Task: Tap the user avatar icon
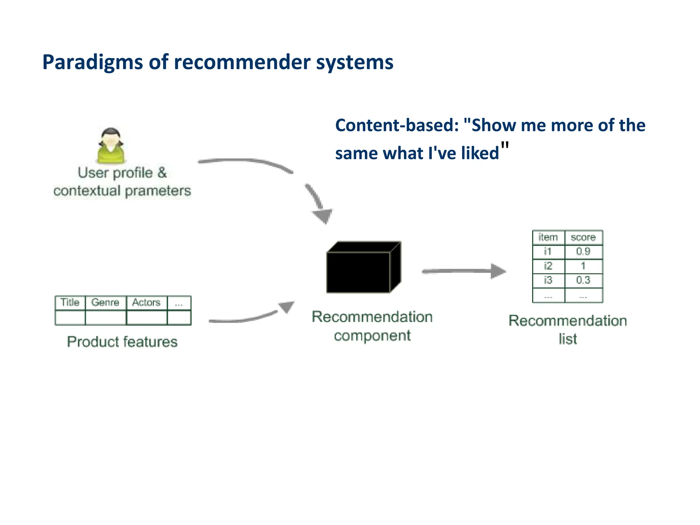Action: point(111,146)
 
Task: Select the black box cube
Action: point(363,268)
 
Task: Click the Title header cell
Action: point(70,302)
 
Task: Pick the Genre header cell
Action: point(105,302)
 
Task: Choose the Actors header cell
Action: point(146,302)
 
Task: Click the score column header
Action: point(583,238)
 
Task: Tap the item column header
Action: point(548,238)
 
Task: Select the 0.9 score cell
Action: point(583,252)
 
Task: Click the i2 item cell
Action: point(548,266)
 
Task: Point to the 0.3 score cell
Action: point(583,280)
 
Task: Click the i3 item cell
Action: point(548,280)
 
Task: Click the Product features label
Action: point(122,342)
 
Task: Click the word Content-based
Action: point(396,125)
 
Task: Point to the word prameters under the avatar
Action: point(158,191)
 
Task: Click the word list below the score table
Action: point(568,339)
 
